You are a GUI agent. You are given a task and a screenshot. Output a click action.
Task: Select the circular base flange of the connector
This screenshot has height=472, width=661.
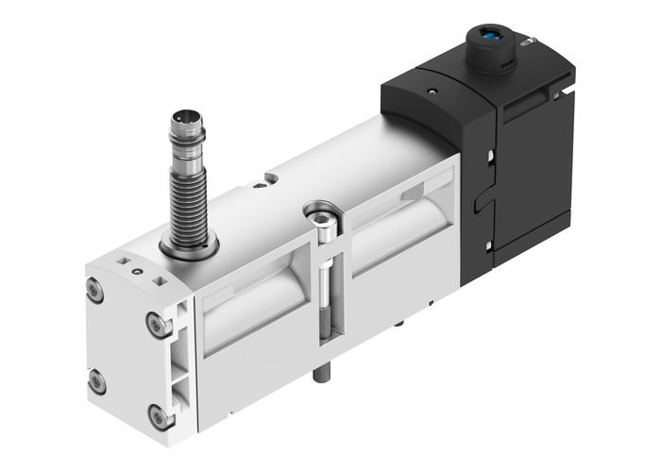tap(188, 247)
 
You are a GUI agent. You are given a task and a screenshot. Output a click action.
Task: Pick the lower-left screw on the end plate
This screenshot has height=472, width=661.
tap(95, 380)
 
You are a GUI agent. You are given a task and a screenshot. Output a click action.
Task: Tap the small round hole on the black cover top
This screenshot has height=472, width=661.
tap(432, 93)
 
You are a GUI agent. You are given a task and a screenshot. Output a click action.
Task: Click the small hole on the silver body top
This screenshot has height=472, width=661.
tap(271, 177)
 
